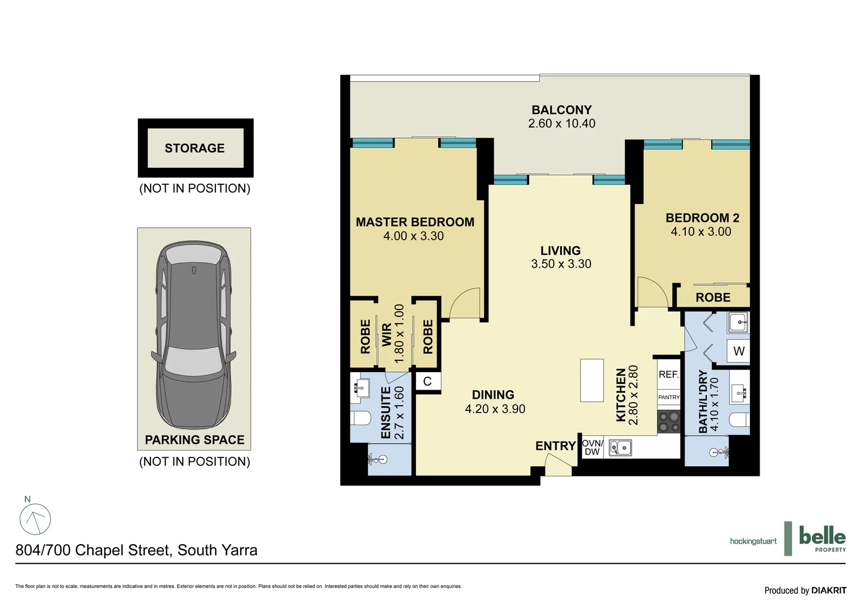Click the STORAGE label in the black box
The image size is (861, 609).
194,148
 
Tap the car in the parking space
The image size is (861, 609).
193,335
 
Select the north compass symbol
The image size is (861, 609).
35,519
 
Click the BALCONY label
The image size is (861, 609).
561,110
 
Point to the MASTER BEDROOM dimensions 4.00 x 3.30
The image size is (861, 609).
414,236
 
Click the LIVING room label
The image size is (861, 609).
560,250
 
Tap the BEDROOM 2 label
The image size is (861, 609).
702,218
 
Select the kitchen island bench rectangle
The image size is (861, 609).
592,380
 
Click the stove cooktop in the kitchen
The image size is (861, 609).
669,422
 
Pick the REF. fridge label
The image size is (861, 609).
669,374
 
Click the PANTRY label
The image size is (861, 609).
669,398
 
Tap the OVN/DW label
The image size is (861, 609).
592,448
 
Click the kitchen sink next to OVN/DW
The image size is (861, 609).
620,448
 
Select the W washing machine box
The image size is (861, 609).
739,351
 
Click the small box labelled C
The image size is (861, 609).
427,382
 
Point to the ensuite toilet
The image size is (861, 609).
361,418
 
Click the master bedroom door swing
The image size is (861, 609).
465,304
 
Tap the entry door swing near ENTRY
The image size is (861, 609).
558,466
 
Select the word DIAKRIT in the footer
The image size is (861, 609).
829,590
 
